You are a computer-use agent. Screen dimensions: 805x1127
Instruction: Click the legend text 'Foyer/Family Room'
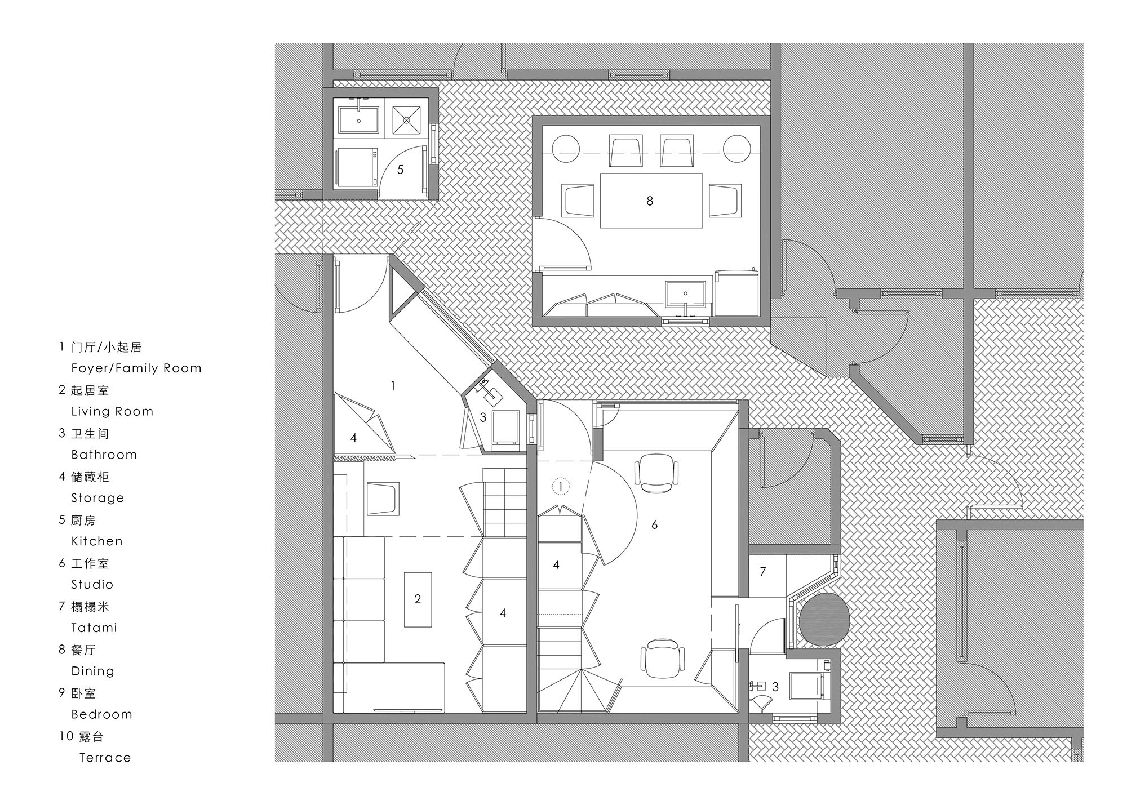[x=136, y=368]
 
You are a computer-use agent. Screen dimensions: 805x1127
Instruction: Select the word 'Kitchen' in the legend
[x=96, y=541]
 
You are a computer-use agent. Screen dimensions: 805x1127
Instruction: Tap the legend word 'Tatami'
[x=94, y=628]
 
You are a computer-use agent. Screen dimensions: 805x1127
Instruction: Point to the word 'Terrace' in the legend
[x=105, y=758]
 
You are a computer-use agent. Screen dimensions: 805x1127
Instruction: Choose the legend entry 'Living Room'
[x=112, y=412]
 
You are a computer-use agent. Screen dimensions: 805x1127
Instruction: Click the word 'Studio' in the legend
[x=92, y=585]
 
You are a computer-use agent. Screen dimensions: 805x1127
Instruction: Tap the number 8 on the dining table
[x=650, y=201]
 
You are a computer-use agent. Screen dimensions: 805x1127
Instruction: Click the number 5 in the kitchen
[x=400, y=170]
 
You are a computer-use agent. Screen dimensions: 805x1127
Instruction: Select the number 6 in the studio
[x=654, y=525]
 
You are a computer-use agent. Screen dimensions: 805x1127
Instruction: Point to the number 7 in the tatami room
[x=762, y=572]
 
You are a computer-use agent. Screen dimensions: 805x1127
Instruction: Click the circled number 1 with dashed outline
[x=561, y=487]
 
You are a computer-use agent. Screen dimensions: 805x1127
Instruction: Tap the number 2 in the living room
[x=418, y=599]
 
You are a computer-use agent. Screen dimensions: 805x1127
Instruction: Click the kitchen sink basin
[x=358, y=119]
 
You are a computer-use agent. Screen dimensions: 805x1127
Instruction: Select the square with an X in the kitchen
[x=406, y=119]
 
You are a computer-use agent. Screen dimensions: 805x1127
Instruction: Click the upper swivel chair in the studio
[x=656, y=472]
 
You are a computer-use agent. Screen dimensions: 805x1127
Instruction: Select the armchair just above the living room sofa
[x=383, y=498]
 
